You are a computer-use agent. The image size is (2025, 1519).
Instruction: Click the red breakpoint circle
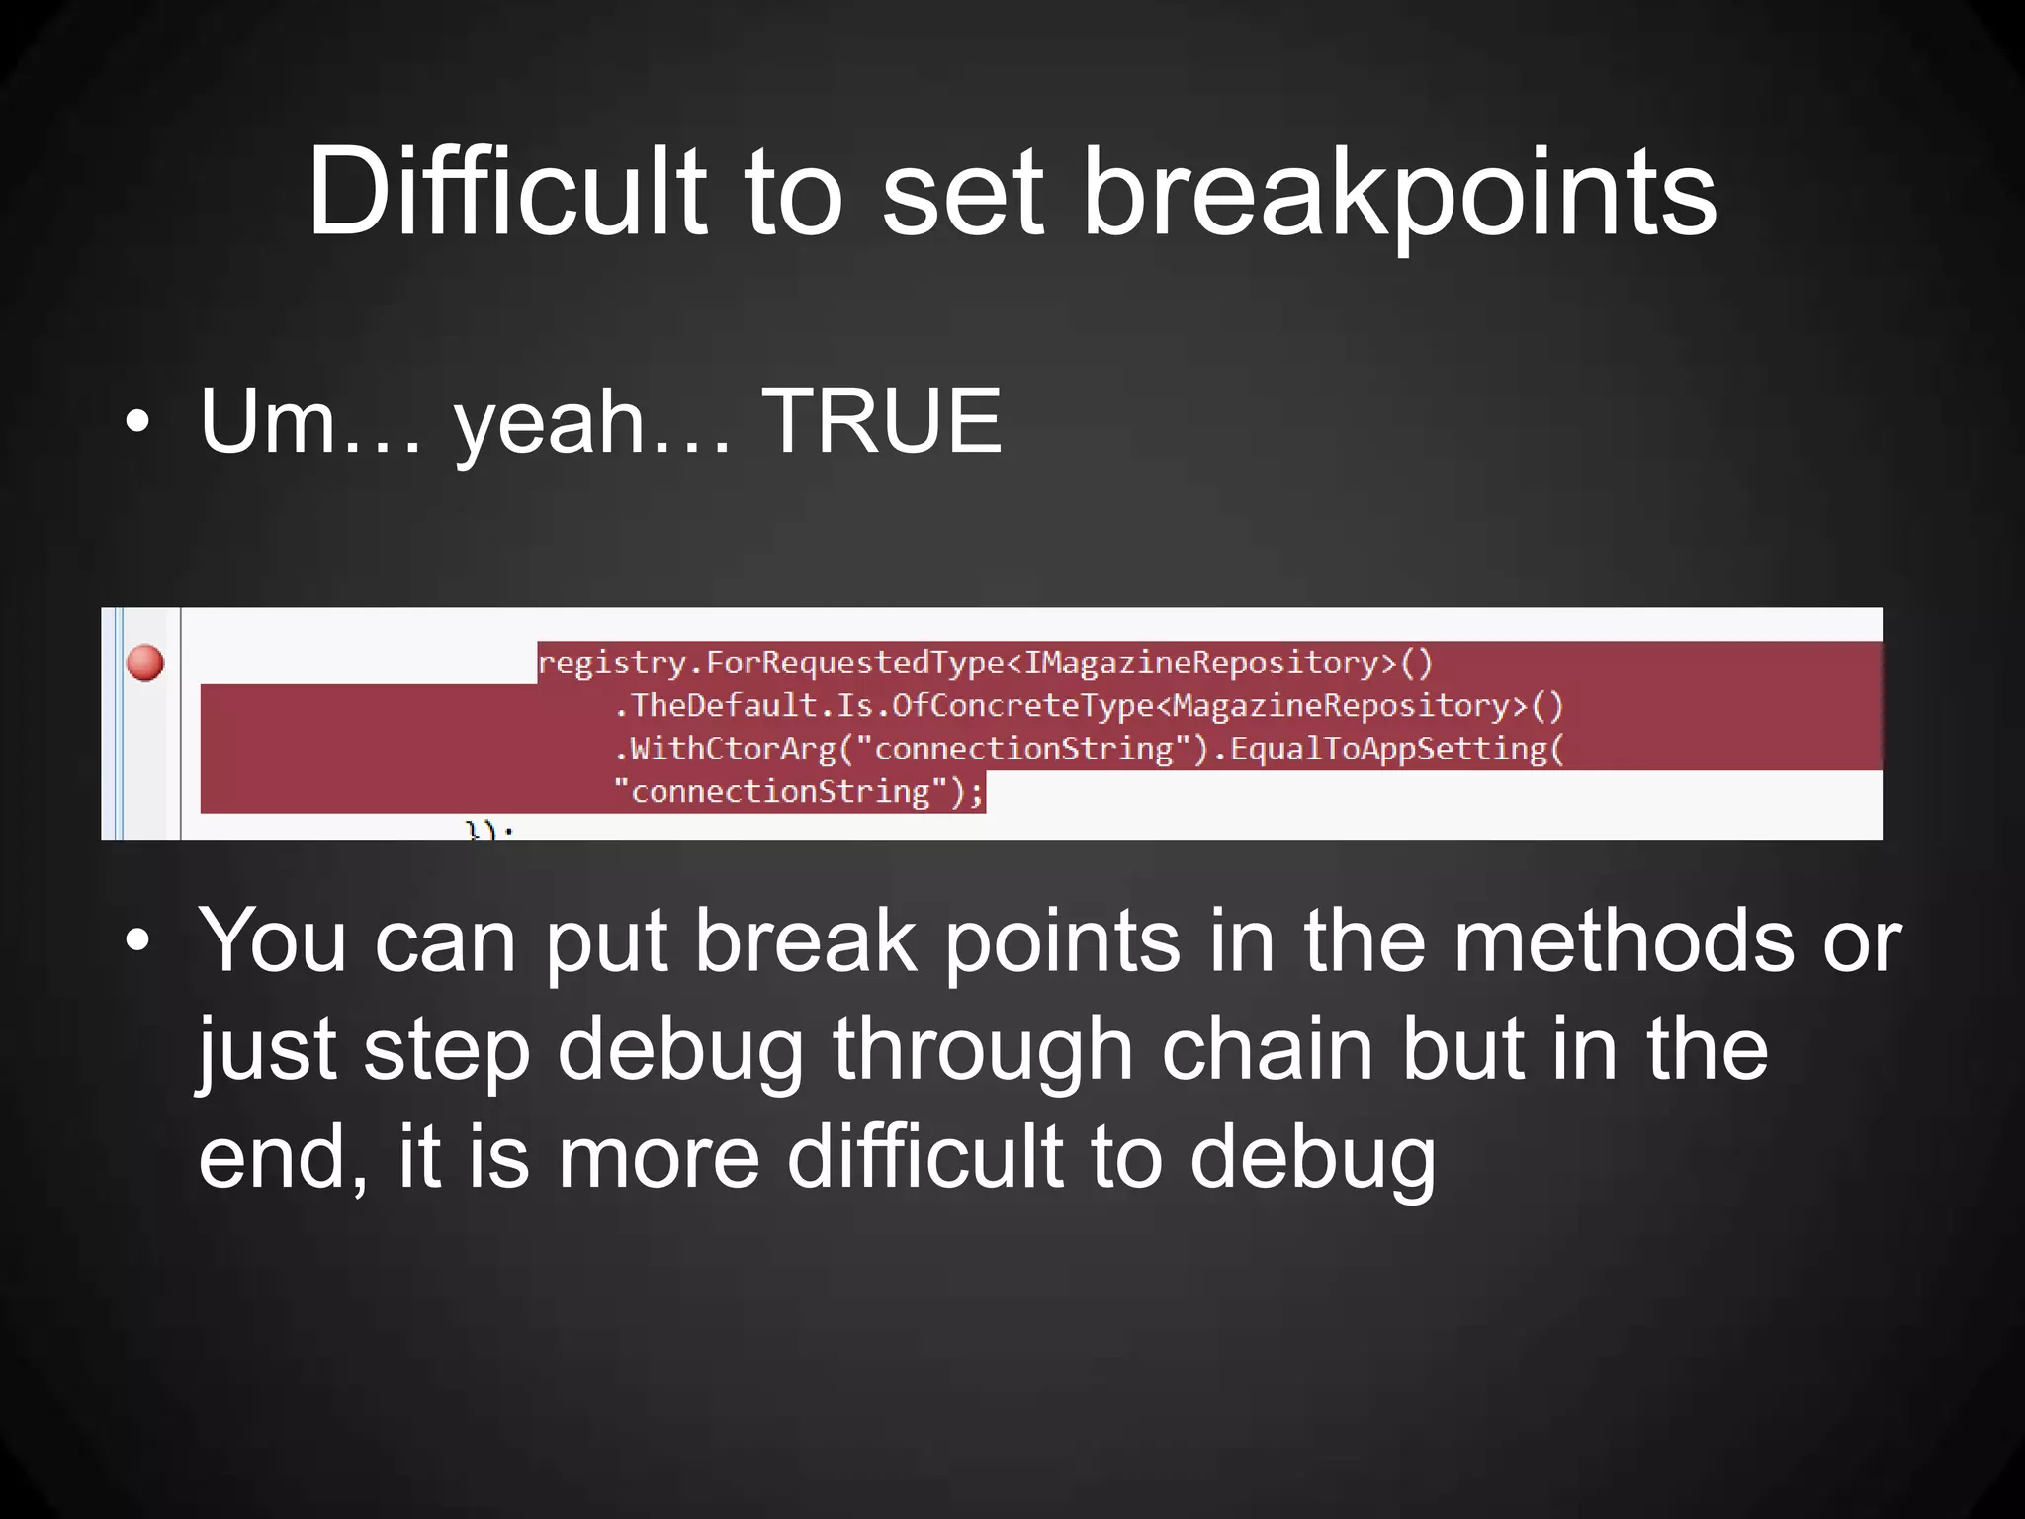coord(145,663)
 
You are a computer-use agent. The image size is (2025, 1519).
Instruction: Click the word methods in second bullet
coord(1622,941)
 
